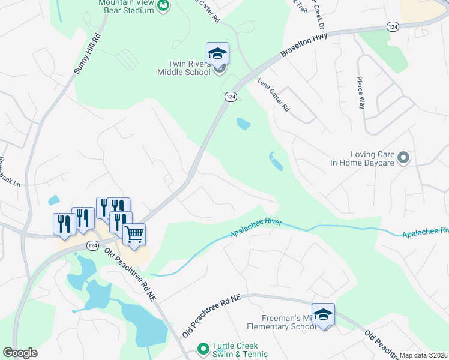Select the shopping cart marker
(134, 233)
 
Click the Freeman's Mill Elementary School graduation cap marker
(323, 315)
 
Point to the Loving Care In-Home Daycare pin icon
(403, 158)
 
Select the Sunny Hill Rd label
(86, 53)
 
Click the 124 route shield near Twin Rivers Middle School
(230, 97)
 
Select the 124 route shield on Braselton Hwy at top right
(393, 27)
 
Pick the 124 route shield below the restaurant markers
(92, 245)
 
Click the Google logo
(20, 353)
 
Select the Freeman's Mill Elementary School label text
(282, 323)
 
